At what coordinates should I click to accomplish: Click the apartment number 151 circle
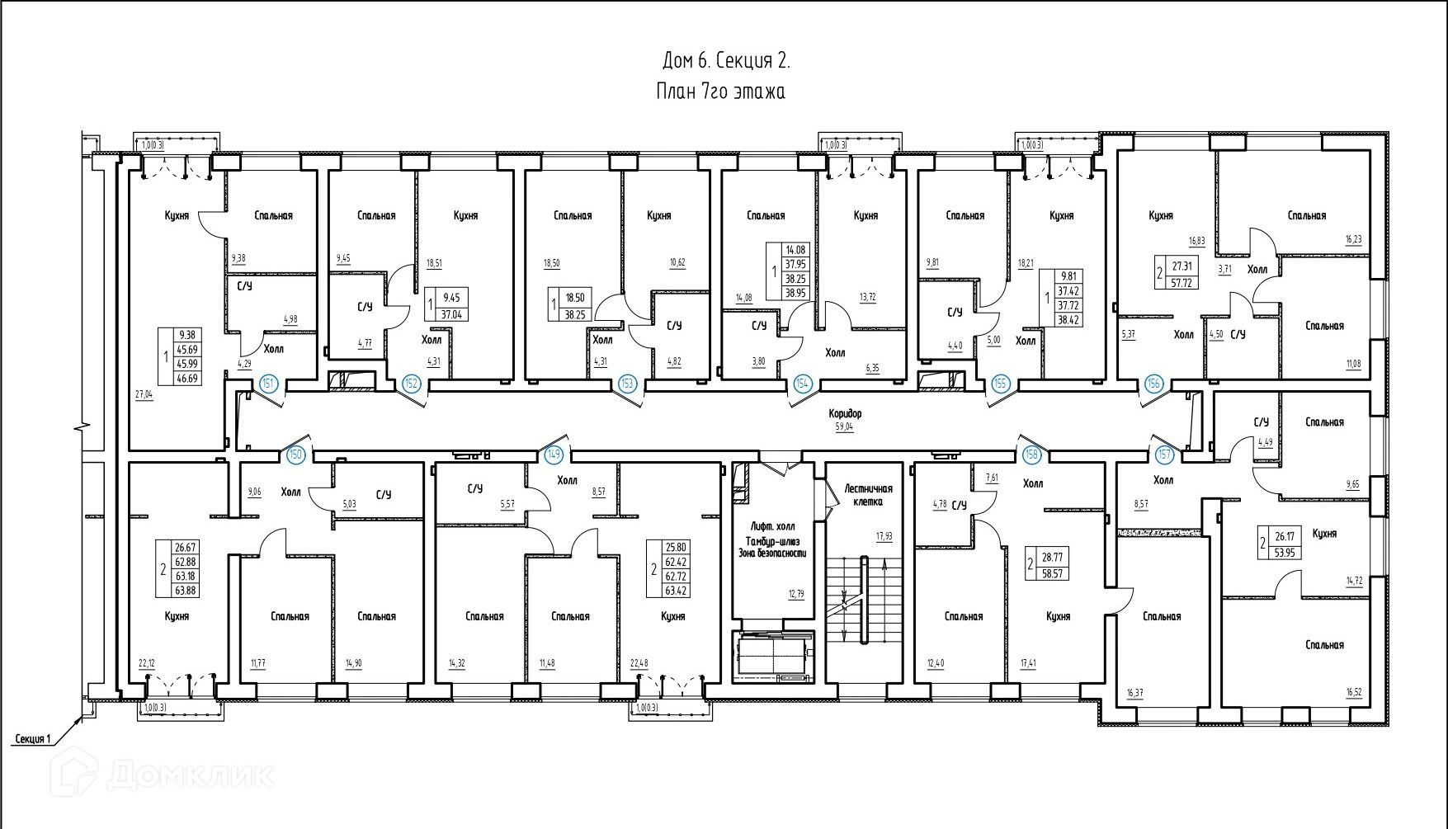coord(267,383)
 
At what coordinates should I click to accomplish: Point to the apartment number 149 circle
coord(554,454)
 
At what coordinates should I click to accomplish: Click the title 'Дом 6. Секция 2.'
coord(726,61)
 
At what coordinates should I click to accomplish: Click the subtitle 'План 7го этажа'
coord(721,91)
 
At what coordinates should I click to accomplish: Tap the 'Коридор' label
coord(846,413)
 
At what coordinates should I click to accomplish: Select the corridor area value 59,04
coord(845,427)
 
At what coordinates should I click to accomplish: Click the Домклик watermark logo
coord(165,775)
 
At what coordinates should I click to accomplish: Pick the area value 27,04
coord(144,394)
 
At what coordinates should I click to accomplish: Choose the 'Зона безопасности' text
coord(771,553)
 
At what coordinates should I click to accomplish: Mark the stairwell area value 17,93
coord(884,536)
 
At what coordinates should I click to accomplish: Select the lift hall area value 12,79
coord(795,593)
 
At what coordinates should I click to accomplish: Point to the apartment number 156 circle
coord(1153,384)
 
